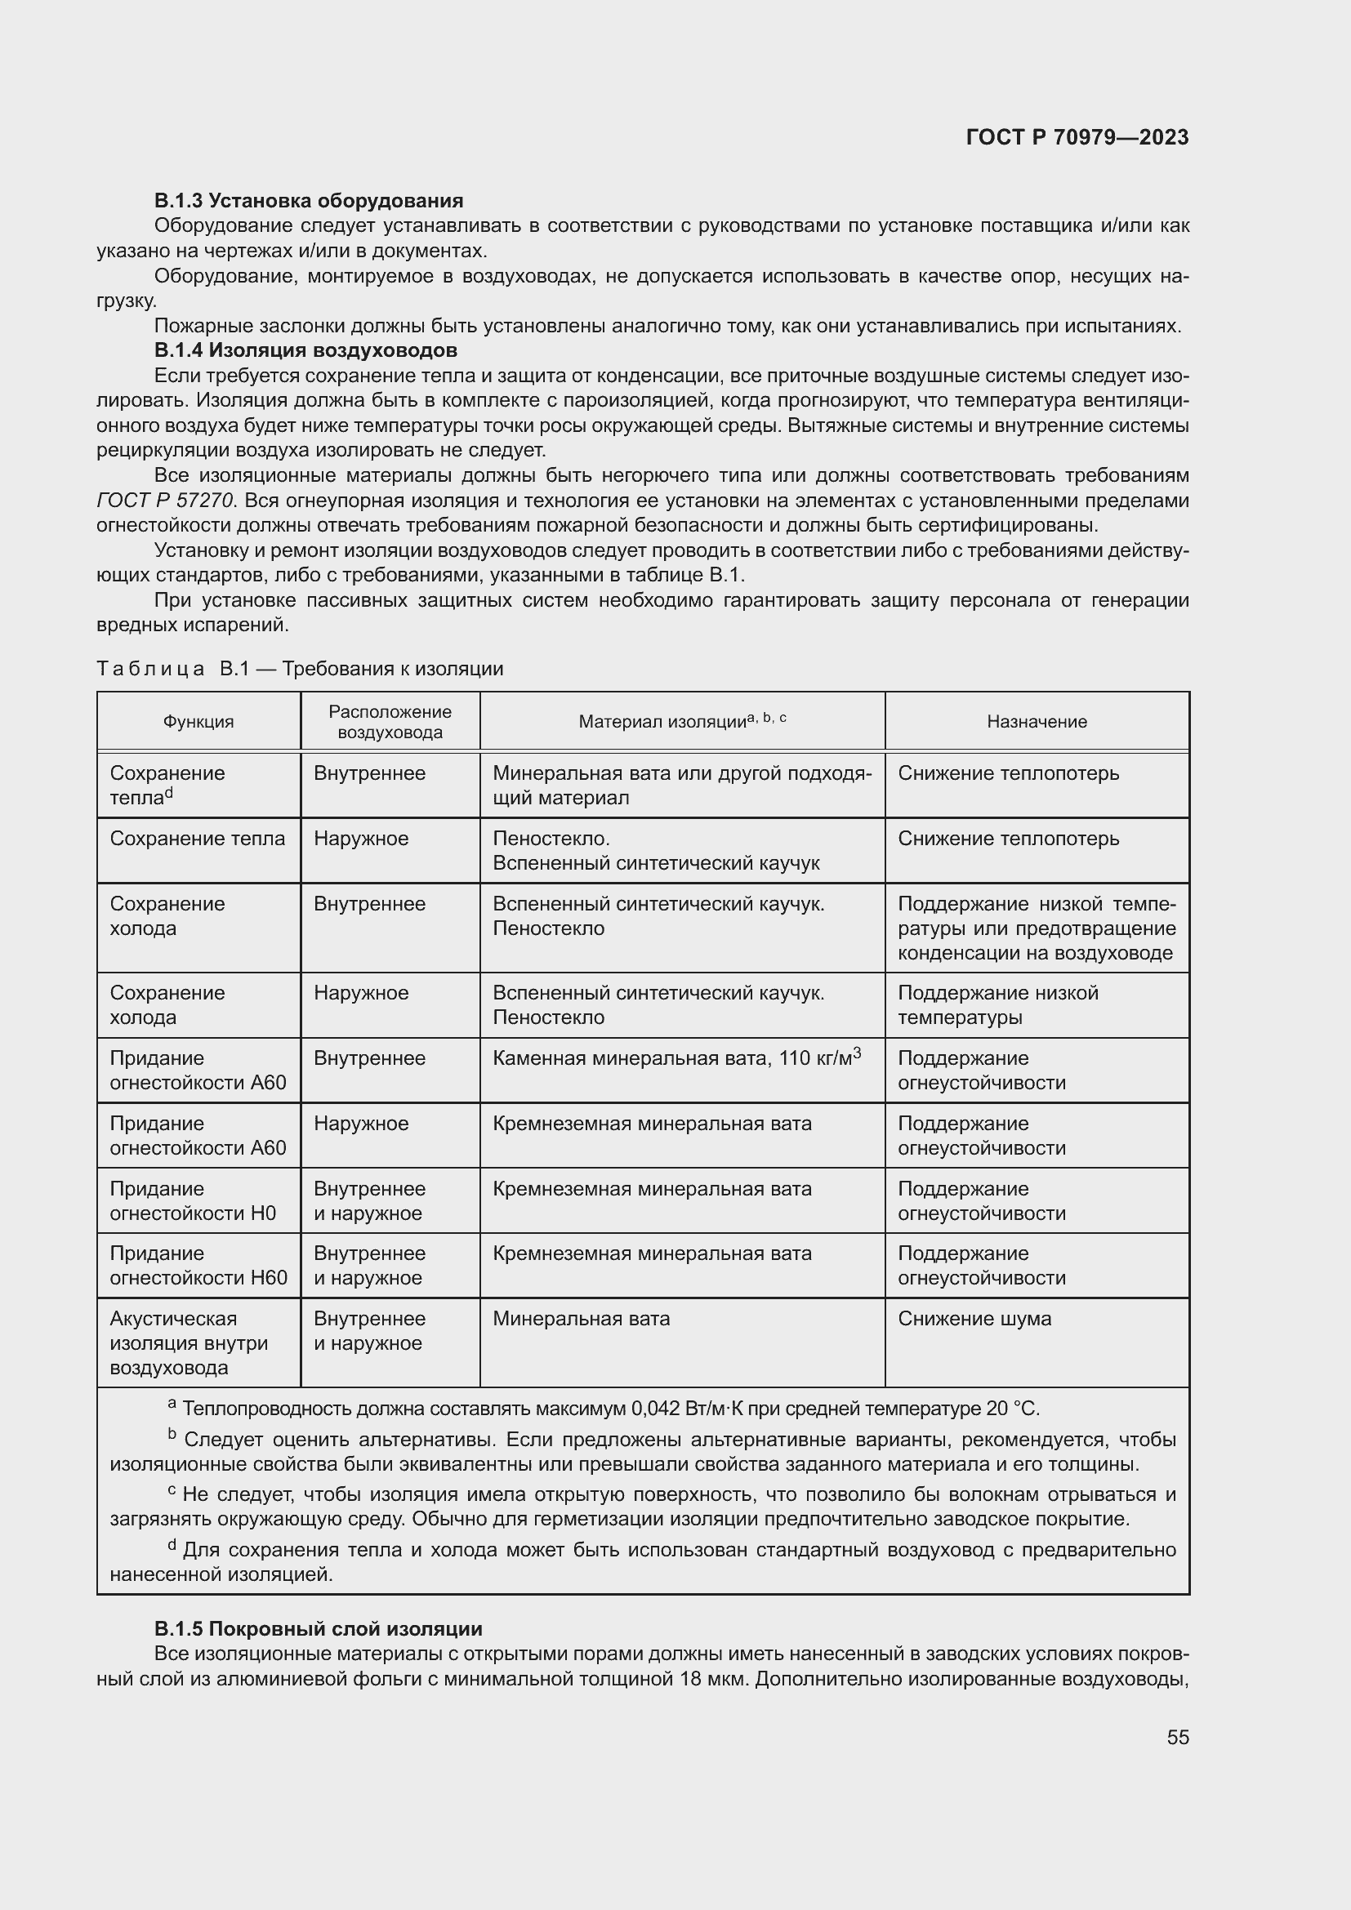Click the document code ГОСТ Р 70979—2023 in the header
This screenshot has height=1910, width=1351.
1077,137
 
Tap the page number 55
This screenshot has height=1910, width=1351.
1177,1737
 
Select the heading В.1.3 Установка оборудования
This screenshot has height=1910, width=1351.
309,201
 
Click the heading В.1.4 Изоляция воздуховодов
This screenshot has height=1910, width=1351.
305,350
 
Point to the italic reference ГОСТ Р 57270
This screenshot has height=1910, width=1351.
166,501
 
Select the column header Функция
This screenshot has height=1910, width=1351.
198,721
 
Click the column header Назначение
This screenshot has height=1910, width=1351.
1037,721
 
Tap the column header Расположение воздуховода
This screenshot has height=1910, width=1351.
390,721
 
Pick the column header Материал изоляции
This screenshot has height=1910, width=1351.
681,721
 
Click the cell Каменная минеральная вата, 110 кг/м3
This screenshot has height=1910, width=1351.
675,1058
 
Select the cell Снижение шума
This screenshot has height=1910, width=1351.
974,1319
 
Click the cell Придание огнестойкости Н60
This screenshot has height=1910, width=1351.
198,1265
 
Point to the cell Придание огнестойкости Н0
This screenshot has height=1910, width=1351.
192,1200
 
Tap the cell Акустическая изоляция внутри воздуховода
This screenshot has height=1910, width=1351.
189,1342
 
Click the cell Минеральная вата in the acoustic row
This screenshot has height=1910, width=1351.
581,1319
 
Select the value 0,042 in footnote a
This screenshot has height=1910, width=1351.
658,1409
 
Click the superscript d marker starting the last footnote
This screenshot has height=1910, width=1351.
172,1546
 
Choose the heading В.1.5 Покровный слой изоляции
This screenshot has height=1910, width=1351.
318,1629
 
